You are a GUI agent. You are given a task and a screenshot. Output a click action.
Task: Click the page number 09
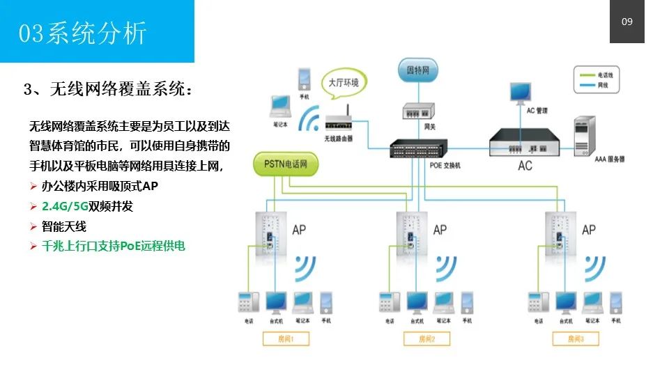click(626, 22)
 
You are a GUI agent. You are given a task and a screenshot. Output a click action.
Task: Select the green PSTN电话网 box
click(291, 165)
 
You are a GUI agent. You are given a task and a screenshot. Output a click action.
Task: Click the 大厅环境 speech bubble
click(344, 83)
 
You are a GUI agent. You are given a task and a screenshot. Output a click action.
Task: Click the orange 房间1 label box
click(287, 339)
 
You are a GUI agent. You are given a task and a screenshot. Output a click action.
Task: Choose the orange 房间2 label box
click(427, 339)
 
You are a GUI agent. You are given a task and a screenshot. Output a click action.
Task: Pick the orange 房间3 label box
click(575, 339)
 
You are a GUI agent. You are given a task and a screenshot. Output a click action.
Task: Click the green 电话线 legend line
click(585, 75)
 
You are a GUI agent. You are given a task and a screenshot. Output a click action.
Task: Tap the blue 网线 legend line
click(585, 85)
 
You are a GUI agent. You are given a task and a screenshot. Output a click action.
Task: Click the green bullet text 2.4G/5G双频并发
click(97, 207)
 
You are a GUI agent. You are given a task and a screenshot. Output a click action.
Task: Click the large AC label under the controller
click(525, 166)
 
